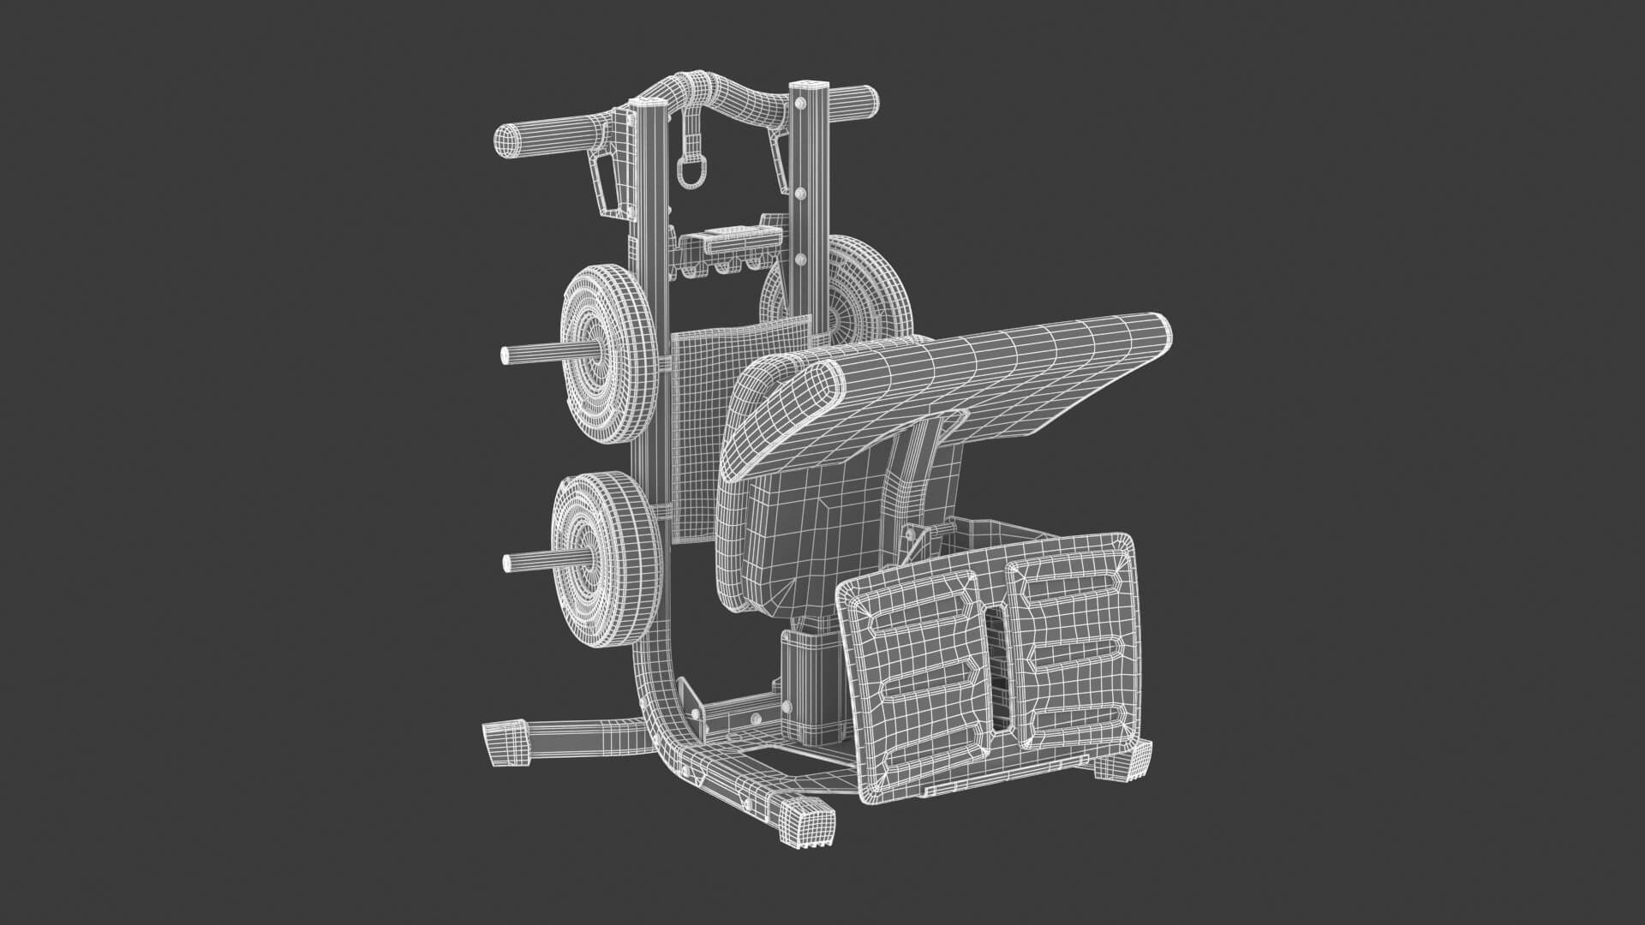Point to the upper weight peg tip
point(505,354)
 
